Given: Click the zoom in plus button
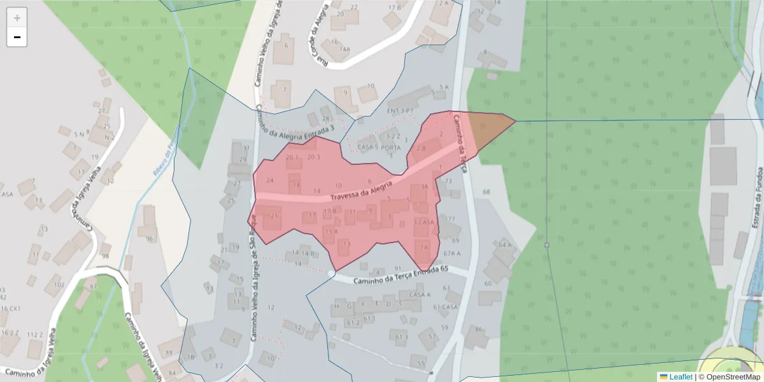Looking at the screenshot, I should [x=17, y=18].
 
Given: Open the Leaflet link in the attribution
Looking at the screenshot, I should [x=680, y=377].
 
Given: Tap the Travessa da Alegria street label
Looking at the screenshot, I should [x=360, y=190].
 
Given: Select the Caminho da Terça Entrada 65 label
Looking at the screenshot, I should [x=392, y=274].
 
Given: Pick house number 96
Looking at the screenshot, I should [x=150, y=239].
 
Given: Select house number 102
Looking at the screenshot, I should [x=59, y=285].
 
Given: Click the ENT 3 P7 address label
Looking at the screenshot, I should [x=400, y=111].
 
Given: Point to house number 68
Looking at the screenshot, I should [x=487, y=192].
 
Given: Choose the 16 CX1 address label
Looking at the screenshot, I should [x=11, y=309].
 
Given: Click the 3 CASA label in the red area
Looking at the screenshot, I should [x=424, y=222].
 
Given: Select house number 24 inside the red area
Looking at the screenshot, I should [x=269, y=181].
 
